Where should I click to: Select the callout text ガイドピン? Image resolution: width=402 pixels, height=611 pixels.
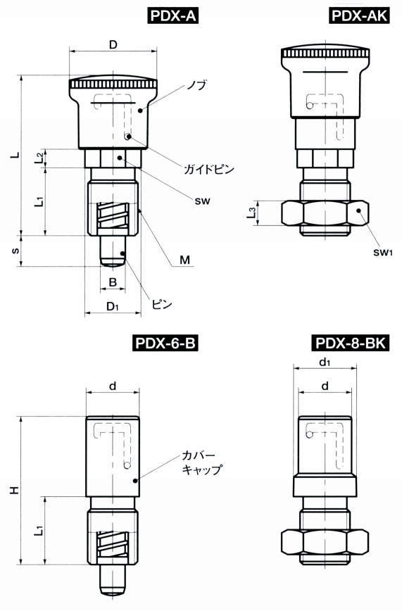point(208,169)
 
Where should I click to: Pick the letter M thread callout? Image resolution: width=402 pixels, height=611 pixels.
point(184,260)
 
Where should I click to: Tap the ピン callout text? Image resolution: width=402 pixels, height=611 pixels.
point(163,305)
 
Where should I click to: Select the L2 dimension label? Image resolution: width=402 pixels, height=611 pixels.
point(39,157)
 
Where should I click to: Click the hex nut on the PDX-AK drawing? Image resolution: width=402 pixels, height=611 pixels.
point(324,213)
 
